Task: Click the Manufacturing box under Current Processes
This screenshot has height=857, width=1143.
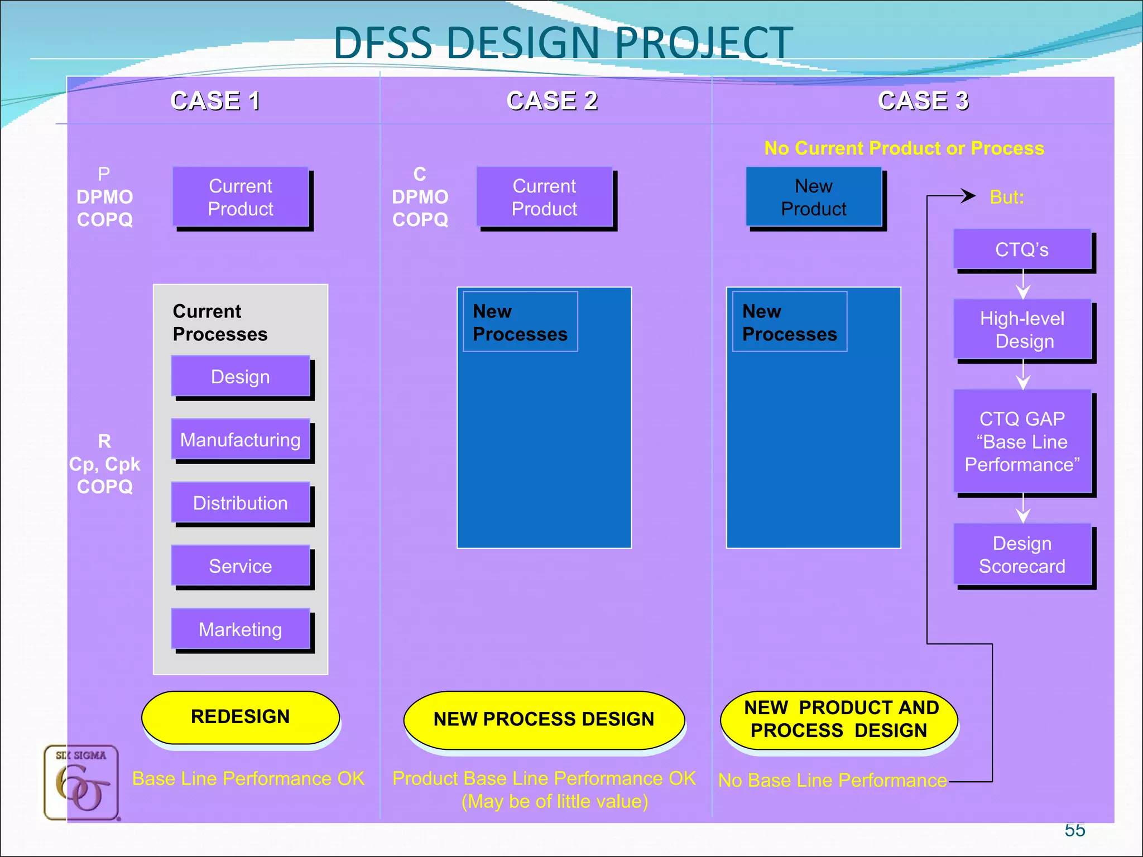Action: (241, 440)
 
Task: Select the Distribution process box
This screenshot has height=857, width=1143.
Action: (241, 503)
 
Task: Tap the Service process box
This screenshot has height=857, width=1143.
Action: (241, 566)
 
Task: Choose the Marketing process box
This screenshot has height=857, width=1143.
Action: (241, 629)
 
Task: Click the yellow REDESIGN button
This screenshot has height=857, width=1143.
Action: (241, 717)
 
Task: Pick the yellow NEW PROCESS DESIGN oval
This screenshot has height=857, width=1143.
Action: (544, 719)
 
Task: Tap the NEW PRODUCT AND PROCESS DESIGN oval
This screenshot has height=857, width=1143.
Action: (839, 719)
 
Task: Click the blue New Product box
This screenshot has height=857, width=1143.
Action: (814, 197)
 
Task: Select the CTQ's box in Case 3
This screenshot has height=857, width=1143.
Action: (1022, 249)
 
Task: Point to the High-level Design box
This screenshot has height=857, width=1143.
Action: (1022, 330)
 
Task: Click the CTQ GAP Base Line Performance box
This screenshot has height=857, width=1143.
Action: (1022, 441)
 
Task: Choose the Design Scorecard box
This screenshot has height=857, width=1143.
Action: (1022, 555)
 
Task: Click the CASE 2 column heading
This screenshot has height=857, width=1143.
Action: (552, 101)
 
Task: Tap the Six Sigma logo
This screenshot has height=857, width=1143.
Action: (81, 782)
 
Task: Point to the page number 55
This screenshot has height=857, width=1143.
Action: (1074, 830)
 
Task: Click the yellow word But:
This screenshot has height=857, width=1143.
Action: (1007, 198)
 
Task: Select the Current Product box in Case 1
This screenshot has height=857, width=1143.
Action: (241, 197)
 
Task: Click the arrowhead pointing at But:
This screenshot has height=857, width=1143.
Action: (969, 196)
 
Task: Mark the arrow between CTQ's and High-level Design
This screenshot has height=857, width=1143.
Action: (1023, 286)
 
